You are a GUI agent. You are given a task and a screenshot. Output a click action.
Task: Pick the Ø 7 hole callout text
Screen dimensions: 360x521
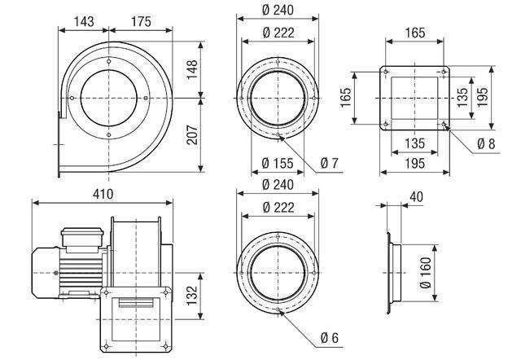(329, 164)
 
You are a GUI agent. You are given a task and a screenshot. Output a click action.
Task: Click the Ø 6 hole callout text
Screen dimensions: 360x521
(329, 338)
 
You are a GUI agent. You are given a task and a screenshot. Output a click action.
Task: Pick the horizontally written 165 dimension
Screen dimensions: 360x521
(414, 34)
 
